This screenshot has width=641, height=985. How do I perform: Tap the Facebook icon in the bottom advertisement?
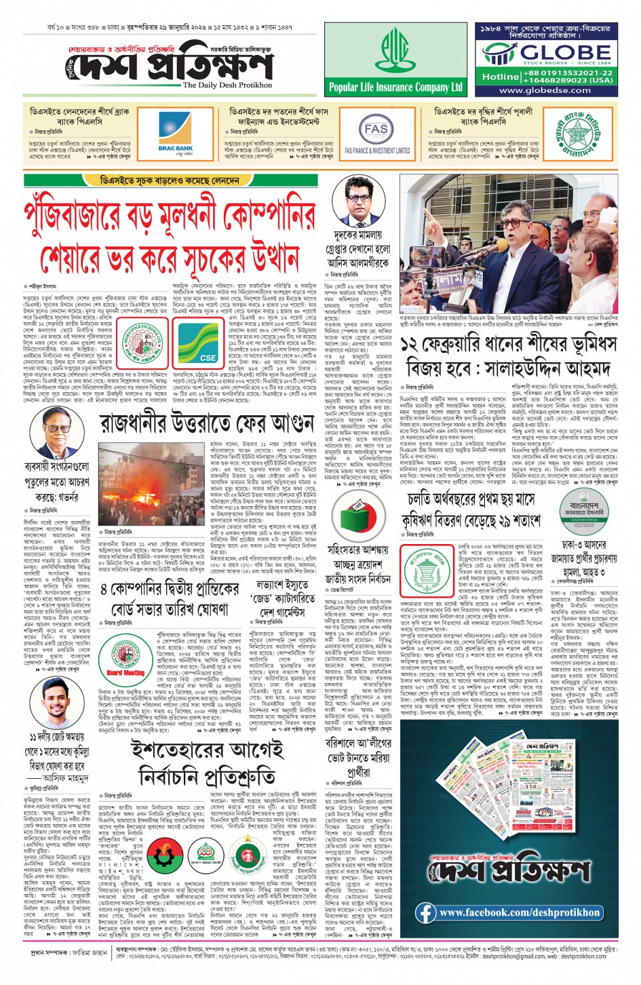click(426, 912)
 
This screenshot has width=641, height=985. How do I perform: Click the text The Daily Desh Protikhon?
click(227, 85)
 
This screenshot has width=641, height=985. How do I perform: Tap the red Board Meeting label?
click(125, 673)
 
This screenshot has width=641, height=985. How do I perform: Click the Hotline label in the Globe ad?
click(501, 77)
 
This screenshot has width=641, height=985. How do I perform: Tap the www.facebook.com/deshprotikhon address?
click(519, 912)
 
